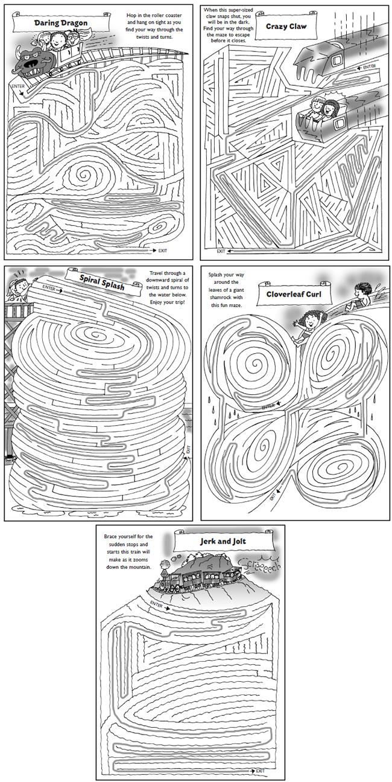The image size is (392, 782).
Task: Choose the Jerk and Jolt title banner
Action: (x=221, y=541)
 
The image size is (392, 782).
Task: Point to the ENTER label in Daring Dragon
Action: (x=17, y=86)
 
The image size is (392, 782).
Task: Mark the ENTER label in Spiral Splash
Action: (x=49, y=289)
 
